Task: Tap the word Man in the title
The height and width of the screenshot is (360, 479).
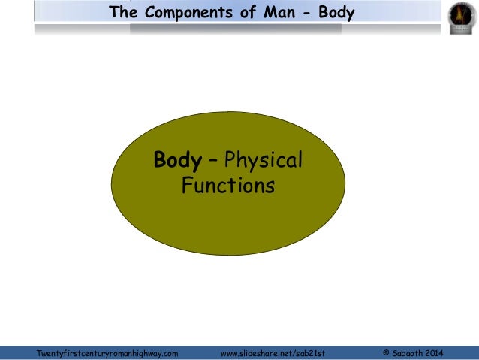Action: pos(274,12)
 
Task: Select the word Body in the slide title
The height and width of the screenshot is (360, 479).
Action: pos(335,12)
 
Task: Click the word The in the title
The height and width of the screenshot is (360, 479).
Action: pos(123,12)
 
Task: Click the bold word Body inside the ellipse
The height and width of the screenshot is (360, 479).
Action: pos(177,161)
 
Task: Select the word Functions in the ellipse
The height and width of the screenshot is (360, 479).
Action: pos(228,185)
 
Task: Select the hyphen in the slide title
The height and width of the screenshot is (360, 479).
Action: pos(304,13)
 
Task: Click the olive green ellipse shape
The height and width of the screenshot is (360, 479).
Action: pos(228,225)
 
